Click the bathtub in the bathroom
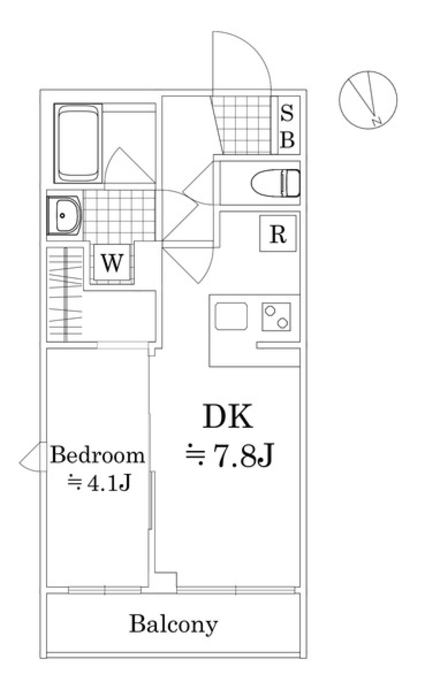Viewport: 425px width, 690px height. [78, 144]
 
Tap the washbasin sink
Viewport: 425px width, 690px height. [64, 216]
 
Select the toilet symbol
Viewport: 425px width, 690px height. [275, 183]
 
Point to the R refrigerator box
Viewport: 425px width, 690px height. [278, 234]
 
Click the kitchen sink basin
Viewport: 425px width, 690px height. [231, 316]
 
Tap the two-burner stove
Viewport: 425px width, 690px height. [276, 316]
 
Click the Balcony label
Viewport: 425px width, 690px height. [173, 624]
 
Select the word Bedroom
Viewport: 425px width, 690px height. [97, 455]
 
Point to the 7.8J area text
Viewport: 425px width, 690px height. [242, 457]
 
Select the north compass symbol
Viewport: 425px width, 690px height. [368, 100]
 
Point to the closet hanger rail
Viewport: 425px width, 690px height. [66, 294]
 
